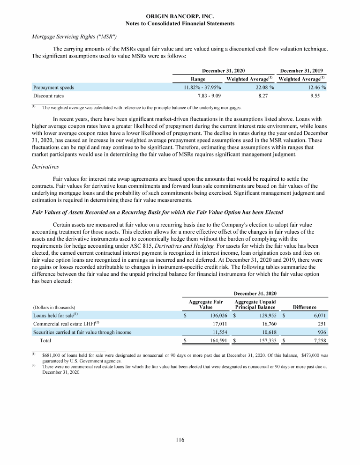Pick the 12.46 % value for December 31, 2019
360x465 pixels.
coord(314,87)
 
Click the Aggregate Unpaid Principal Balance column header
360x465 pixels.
coord(255,304)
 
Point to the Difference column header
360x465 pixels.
coord(304,307)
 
